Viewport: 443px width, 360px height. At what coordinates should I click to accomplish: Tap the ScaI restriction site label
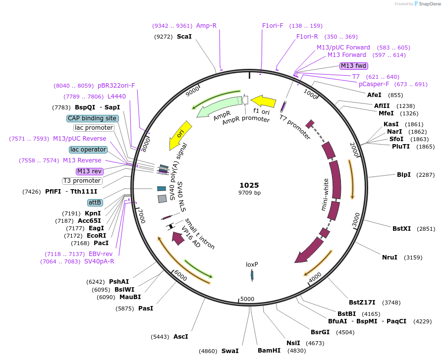tap(184, 36)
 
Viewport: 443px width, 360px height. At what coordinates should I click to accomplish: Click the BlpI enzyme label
tap(403, 175)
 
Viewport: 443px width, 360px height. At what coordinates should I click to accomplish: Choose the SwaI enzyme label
tap(229, 351)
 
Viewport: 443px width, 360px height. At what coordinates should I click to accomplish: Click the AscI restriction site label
tap(180, 337)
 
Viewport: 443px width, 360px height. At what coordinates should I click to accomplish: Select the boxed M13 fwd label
tap(353, 66)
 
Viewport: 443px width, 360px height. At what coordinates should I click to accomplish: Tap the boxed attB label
tap(95, 203)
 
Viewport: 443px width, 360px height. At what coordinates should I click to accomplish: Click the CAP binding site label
tap(92, 118)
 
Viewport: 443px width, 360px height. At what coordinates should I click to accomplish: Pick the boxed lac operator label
tap(88, 150)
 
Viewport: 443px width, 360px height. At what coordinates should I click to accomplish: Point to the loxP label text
tap(252, 264)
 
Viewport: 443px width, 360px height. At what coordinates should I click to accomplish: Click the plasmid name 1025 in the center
tap(249, 185)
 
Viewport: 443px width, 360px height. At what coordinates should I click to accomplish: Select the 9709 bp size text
tap(249, 193)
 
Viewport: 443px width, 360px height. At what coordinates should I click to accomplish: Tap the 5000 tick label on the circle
tap(246, 299)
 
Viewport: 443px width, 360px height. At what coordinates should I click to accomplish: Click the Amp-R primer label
tap(206, 26)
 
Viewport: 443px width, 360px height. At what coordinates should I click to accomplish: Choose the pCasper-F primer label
tap(377, 84)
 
